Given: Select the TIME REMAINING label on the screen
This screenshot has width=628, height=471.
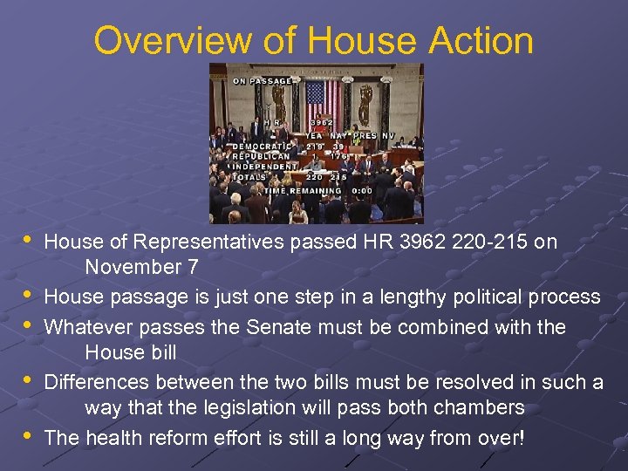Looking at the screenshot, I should coord(302,190).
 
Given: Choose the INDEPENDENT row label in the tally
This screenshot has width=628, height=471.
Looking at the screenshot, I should coord(263,165).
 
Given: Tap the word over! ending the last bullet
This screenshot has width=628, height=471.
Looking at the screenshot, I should coord(500,437).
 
